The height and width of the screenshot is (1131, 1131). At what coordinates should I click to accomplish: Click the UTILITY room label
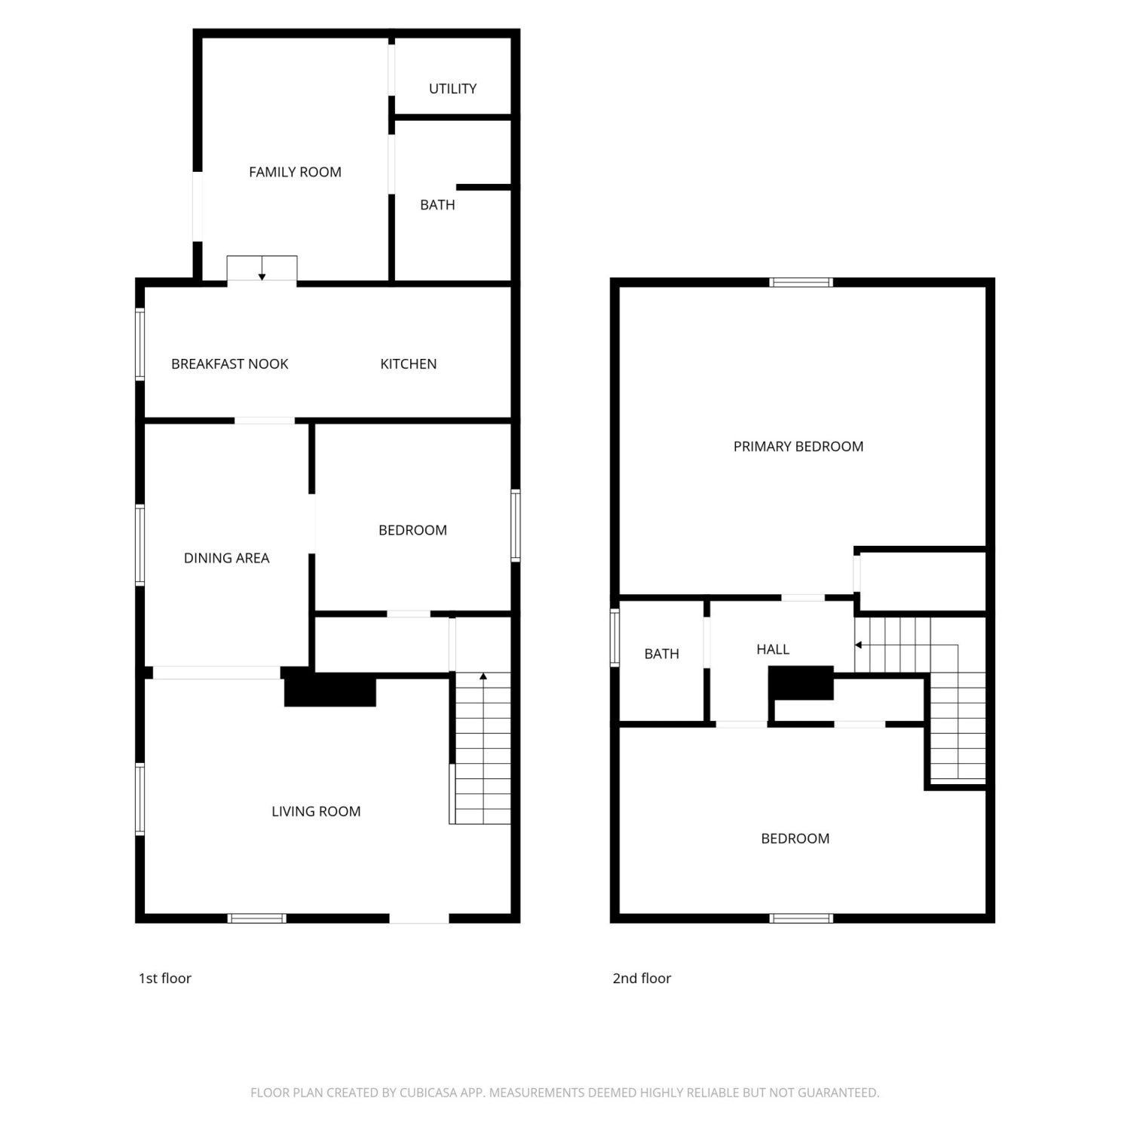click(x=452, y=89)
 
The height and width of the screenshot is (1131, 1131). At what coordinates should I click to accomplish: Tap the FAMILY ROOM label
click(x=295, y=172)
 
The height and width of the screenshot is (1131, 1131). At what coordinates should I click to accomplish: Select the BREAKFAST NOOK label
click(x=230, y=364)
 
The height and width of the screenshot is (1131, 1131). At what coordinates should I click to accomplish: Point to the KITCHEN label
click(x=408, y=364)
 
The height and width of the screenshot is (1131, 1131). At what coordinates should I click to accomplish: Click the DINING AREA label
click(x=226, y=558)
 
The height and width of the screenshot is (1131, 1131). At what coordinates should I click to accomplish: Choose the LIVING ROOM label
click(x=316, y=811)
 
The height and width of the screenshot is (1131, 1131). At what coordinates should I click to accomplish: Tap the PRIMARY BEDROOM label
click(x=798, y=446)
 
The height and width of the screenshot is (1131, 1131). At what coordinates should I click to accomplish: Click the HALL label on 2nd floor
click(x=773, y=649)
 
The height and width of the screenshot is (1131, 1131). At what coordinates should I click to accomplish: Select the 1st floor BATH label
click(x=437, y=205)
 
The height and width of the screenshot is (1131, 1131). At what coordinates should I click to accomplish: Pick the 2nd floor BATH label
click(x=661, y=654)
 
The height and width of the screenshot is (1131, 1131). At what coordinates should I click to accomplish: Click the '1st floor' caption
click(x=164, y=978)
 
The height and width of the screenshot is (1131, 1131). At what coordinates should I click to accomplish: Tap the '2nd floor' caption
click(x=642, y=978)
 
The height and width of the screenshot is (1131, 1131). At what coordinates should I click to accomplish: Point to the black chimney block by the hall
click(x=801, y=683)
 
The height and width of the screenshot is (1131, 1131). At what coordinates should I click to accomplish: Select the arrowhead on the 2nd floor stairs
click(x=858, y=645)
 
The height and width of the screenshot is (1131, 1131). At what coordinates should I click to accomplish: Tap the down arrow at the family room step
click(x=262, y=268)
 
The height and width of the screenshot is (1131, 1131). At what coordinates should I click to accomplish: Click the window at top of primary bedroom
click(x=801, y=283)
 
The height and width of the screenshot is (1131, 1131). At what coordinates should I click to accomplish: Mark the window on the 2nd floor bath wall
click(x=615, y=638)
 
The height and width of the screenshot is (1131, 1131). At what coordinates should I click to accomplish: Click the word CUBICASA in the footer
click(x=429, y=1093)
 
